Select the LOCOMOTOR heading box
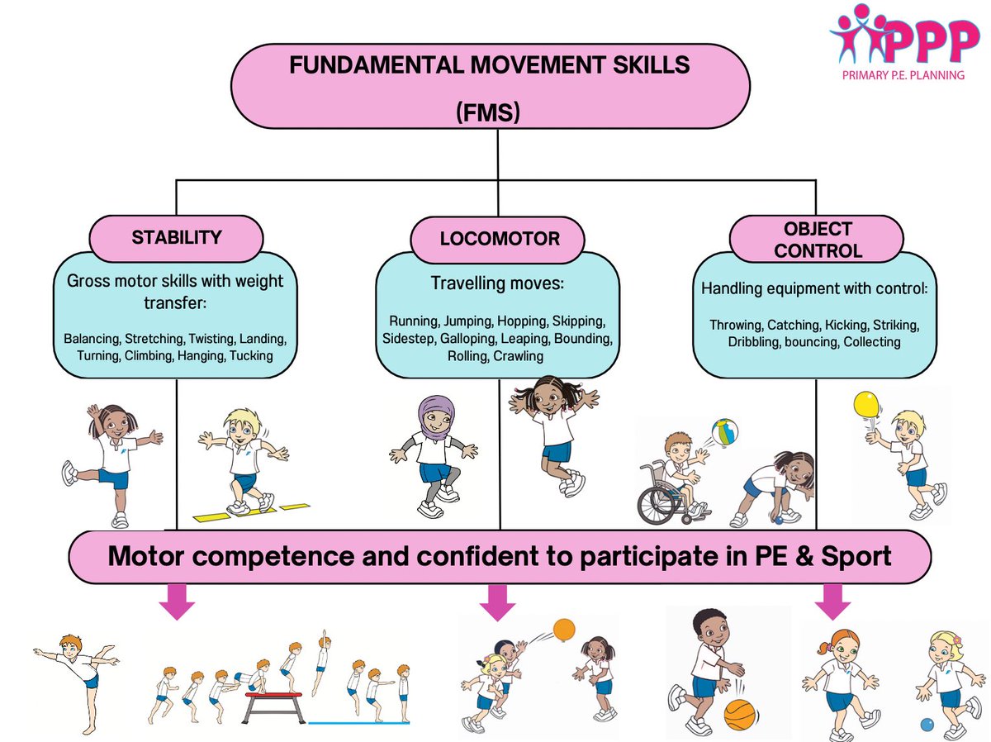pos(499,240)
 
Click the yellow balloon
pos(865,406)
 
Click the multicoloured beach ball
pos(724,432)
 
